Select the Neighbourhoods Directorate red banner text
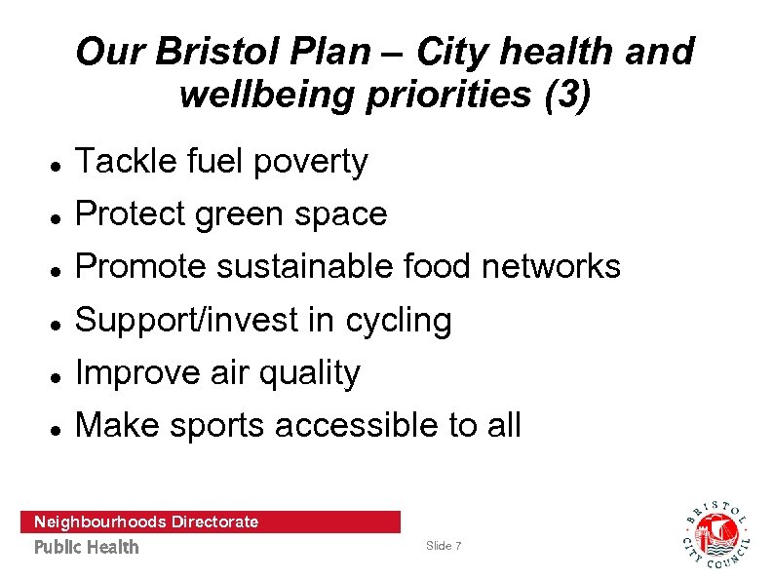point(146,522)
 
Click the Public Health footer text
point(87,547)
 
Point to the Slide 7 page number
point(444,546)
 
